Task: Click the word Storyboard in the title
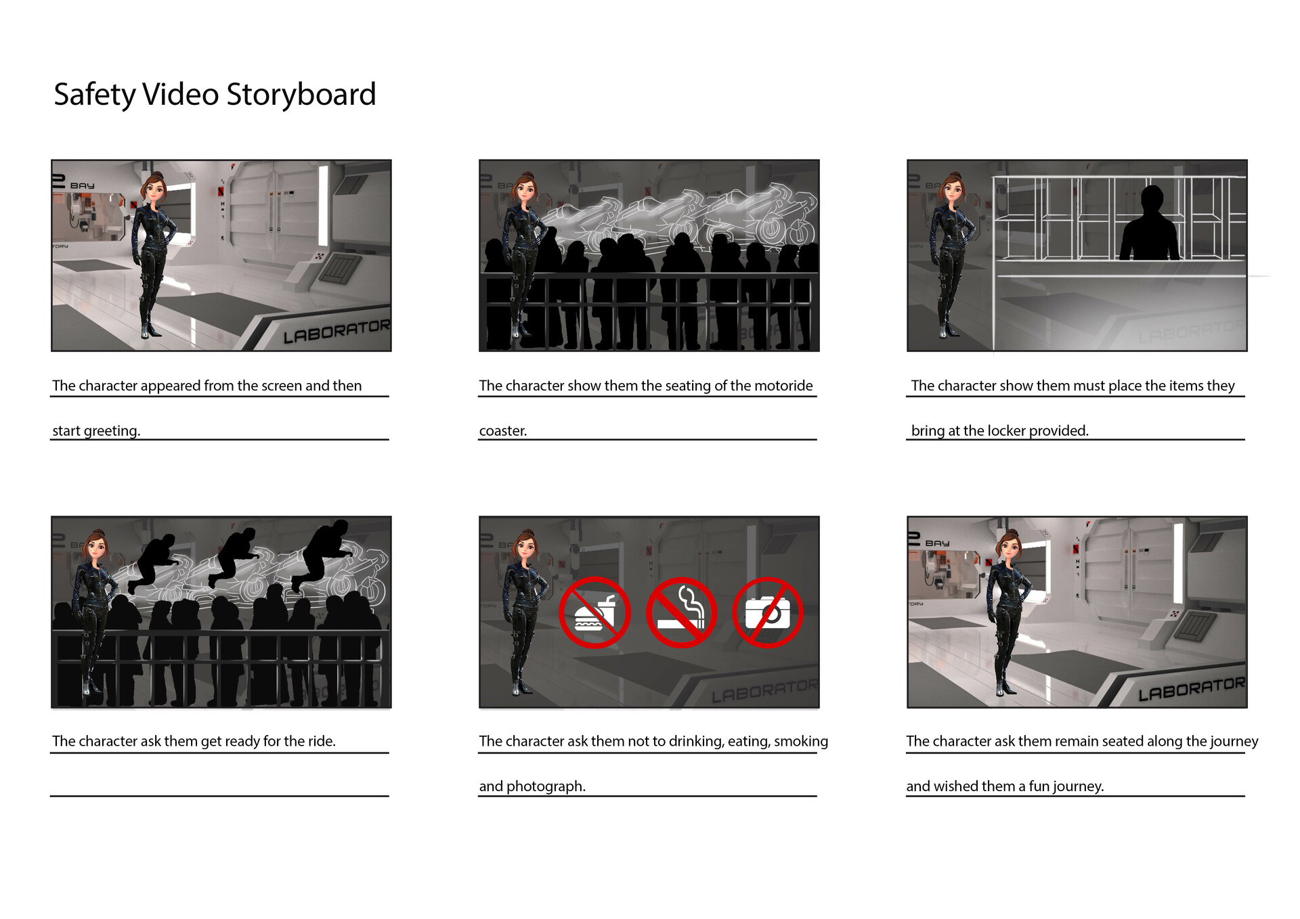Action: [301, 94]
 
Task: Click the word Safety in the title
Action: [94, 94]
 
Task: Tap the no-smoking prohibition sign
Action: [681, 612]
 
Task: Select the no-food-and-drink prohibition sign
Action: [594, 612]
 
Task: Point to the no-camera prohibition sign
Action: [768, 612]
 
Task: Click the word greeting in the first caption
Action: [112, 431]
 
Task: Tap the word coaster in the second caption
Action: [502, 431]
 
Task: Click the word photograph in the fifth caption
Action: [546, 786]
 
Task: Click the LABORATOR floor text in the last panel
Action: [1191, 689]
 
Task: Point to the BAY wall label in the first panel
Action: [82, 185]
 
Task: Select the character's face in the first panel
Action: [154, 189]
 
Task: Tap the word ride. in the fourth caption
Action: [322, 742]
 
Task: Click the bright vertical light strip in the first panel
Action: [323, 205]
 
